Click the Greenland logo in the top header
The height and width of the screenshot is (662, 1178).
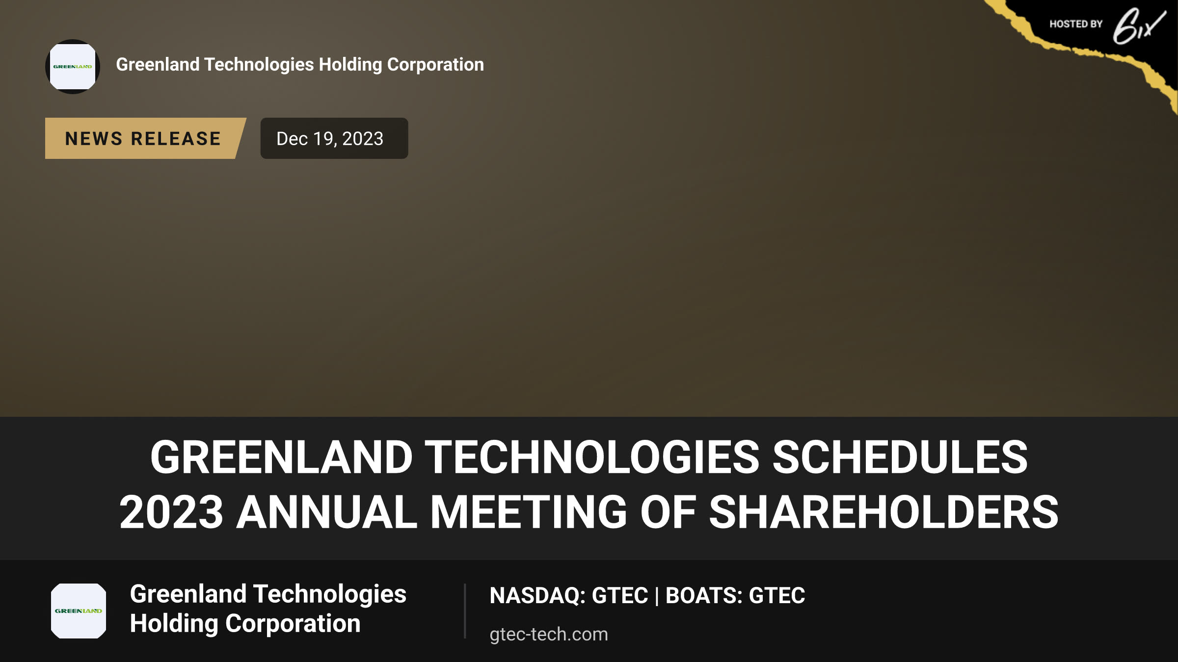[73, 67]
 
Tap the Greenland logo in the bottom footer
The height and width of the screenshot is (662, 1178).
[79, 611]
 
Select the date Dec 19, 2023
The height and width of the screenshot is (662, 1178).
[330, 139]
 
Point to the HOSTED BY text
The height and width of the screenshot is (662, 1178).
[1076, 24]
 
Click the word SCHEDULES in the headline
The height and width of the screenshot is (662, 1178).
[900, 457]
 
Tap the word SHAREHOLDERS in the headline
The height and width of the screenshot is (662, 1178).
[883, 512]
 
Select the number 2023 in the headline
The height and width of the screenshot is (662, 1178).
[171, 512]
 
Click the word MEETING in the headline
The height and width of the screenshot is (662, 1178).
[529, 512]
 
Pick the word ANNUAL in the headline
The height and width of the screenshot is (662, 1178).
[327, 512]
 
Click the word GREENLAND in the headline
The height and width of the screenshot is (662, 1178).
[281, 457]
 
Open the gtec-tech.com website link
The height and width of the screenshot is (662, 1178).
[549, 634]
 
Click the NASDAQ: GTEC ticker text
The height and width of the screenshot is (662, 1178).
[569, 595]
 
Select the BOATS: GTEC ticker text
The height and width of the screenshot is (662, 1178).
[735, 595]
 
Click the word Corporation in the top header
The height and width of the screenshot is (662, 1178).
[435, 65]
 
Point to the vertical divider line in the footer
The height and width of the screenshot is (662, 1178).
[464, 611]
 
